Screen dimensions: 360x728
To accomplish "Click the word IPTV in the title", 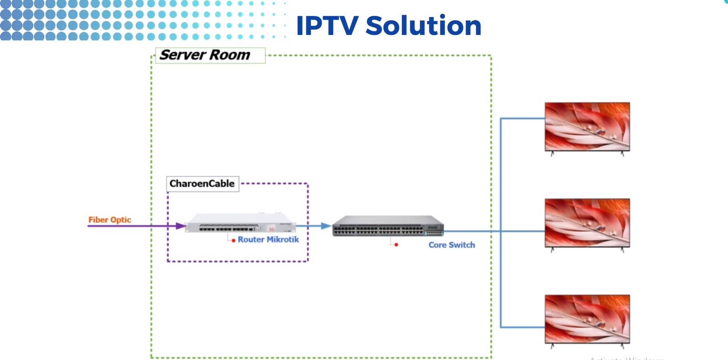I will click(x=327, y=26).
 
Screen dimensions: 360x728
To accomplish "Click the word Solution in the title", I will click(x=423, y=26).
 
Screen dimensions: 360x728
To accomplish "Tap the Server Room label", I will click(x=205, y=55).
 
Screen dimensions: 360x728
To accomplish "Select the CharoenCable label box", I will click(x=202, y=184).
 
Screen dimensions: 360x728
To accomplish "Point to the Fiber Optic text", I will click(x=110, y=220).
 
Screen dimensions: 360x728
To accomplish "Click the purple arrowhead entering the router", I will click(x=181, y=226).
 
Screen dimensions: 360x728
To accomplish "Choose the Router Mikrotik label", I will click(x=268, y=239).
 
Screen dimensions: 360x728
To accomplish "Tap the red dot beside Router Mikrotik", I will click(x=233, y=241).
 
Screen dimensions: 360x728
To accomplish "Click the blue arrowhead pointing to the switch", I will click(x=326, y=226).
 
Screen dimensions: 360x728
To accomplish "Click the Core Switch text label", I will click(x=451, y=245).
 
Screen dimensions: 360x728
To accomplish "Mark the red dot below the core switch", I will click(x=396, y=245).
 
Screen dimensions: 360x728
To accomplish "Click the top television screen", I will click(x=587, y=126).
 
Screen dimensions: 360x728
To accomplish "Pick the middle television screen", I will click(x=587, y=223).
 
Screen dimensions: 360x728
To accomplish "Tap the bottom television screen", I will click(x=587, y=319).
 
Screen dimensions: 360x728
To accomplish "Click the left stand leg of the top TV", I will click(x=552, y=154).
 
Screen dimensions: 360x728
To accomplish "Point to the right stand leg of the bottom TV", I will click(x=622, y=346).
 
